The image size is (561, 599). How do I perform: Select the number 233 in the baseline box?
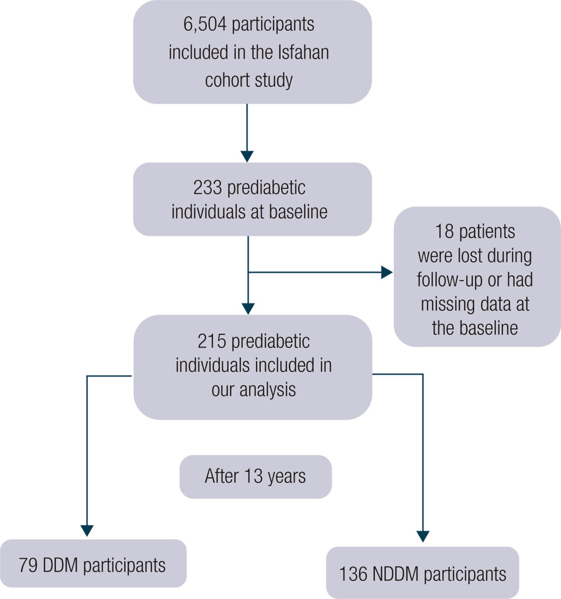pyautogui.click(x=205, y=188)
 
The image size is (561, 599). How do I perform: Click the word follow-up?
pyautogui.click(x=448, y=280)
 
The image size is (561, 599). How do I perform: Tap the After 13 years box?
pyautogui.click(x=255, y=476)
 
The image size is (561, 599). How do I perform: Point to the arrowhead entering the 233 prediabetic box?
pyautogui.click(x=247, y=156)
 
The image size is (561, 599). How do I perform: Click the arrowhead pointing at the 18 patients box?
pyautogui.click(x=387, y=272)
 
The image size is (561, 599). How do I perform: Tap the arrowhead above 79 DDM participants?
pyautogui.click(x=87, y=531)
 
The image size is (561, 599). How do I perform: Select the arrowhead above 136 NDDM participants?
pyautogui.click(x=423, y=536)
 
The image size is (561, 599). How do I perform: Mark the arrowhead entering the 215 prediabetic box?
pyautogui.click(x=249, y=308)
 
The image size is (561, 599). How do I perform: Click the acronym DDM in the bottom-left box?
pyautogui.click(x=73, y=566)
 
